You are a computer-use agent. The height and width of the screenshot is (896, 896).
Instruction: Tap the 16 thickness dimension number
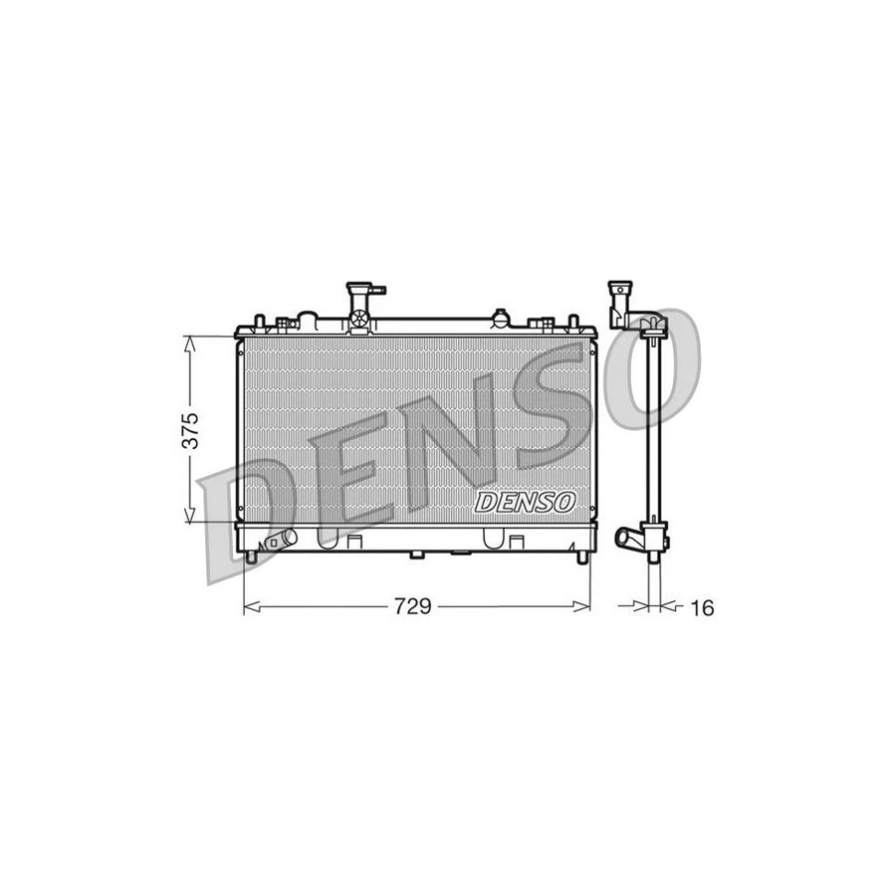pos(702,607)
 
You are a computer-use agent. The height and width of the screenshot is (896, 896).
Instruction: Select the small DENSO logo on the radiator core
pos(525,502)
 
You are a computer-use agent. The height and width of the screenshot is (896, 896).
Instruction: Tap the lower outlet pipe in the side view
pos(630,539)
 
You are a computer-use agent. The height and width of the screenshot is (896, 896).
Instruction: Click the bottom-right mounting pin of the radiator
pos(582,557)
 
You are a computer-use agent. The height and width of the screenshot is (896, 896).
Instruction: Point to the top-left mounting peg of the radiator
pos(260,322)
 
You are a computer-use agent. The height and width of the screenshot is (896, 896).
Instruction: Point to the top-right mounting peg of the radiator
pos(572,322)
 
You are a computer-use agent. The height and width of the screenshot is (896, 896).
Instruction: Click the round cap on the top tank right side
pos(500,319)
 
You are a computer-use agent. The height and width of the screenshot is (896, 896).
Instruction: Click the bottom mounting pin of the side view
pos(654,558)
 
